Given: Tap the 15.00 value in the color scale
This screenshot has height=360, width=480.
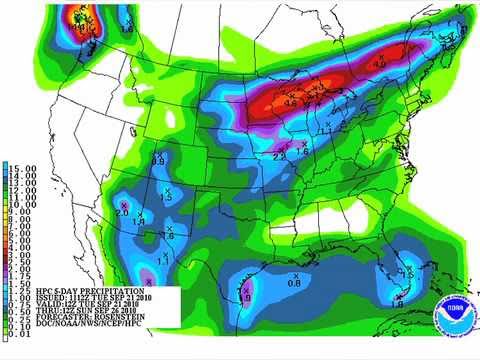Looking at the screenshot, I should [x=25, y=167].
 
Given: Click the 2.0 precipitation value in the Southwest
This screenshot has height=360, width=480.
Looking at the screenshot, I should [x=122, y=212].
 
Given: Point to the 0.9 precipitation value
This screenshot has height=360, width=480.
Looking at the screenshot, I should [x=158, y=160].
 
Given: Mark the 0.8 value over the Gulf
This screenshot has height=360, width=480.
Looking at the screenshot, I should [x=294, y=284].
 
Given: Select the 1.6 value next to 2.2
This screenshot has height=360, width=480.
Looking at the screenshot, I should [x=302, y=150].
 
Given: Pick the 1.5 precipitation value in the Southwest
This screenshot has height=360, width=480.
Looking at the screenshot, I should [x=167, y=197].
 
